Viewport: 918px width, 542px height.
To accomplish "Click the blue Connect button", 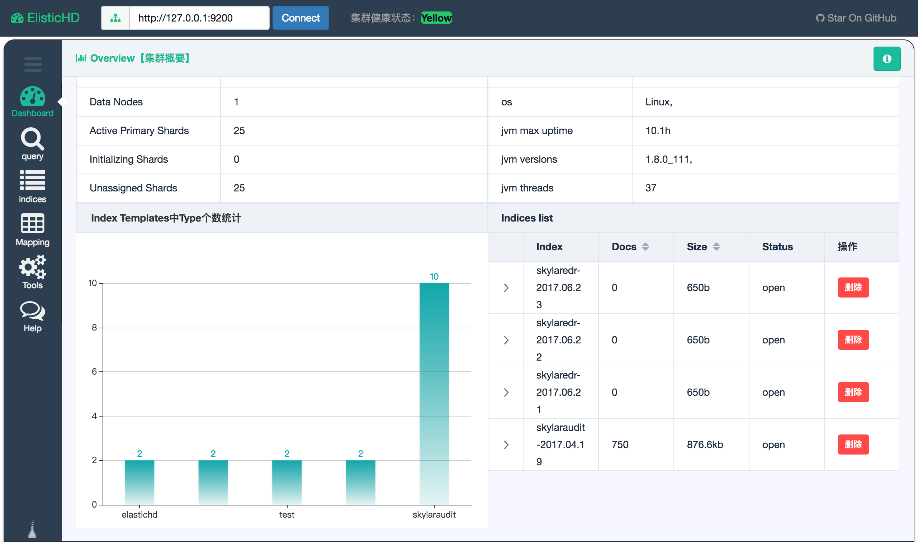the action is pyautogui.click(x=301, y=18).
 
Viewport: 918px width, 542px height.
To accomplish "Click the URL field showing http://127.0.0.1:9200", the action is pyautogui.click(x=199, y=18).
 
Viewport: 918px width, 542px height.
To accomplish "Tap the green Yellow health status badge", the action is pyautogui.click(x=436, y=18).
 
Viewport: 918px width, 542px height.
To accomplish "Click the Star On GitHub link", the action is pyautogui.click(x=856, y=18).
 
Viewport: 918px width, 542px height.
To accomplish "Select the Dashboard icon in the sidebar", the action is pyautogui.click(x=33, y=96).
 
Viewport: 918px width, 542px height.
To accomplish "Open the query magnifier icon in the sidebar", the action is pyautogui.click(x=33, y=139).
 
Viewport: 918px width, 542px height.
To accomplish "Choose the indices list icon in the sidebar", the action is pyautogui.click(x=33, y=180).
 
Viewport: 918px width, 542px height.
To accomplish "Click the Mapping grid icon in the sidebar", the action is pyautogui.click(x=33, y=223).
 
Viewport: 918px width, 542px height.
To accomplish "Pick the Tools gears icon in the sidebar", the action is pyautogui.click(x=33, y=267).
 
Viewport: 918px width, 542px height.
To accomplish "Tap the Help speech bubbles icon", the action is pyautogui.click(x=33, y=310).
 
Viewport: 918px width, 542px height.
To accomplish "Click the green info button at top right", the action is pyautogui.click(x=887, y=59).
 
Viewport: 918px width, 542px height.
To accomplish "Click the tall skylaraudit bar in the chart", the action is pyautogui.click(x=434, y=394).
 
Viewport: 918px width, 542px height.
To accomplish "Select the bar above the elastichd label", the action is pyautogui.click(x=139, y=482).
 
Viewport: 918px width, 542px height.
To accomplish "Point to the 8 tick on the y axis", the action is pyautogui.click(x=94, y=328).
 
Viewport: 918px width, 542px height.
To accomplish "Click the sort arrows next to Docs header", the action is pyautogui.click(x=645, y=247).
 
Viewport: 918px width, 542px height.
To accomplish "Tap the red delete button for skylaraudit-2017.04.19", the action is pyautogui.click(x=853, y=444).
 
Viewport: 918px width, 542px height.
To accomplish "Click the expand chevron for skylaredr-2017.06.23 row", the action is pyautogui.click(x=506, y=288).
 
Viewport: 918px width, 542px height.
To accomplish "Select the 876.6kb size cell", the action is pyautogui.click(x=705, y=444).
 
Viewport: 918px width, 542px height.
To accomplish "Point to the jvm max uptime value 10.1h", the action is pyautogui.click(x=658, y=131).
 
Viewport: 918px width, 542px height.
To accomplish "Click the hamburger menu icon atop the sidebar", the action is pyautogui.click(x=33, y=64).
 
